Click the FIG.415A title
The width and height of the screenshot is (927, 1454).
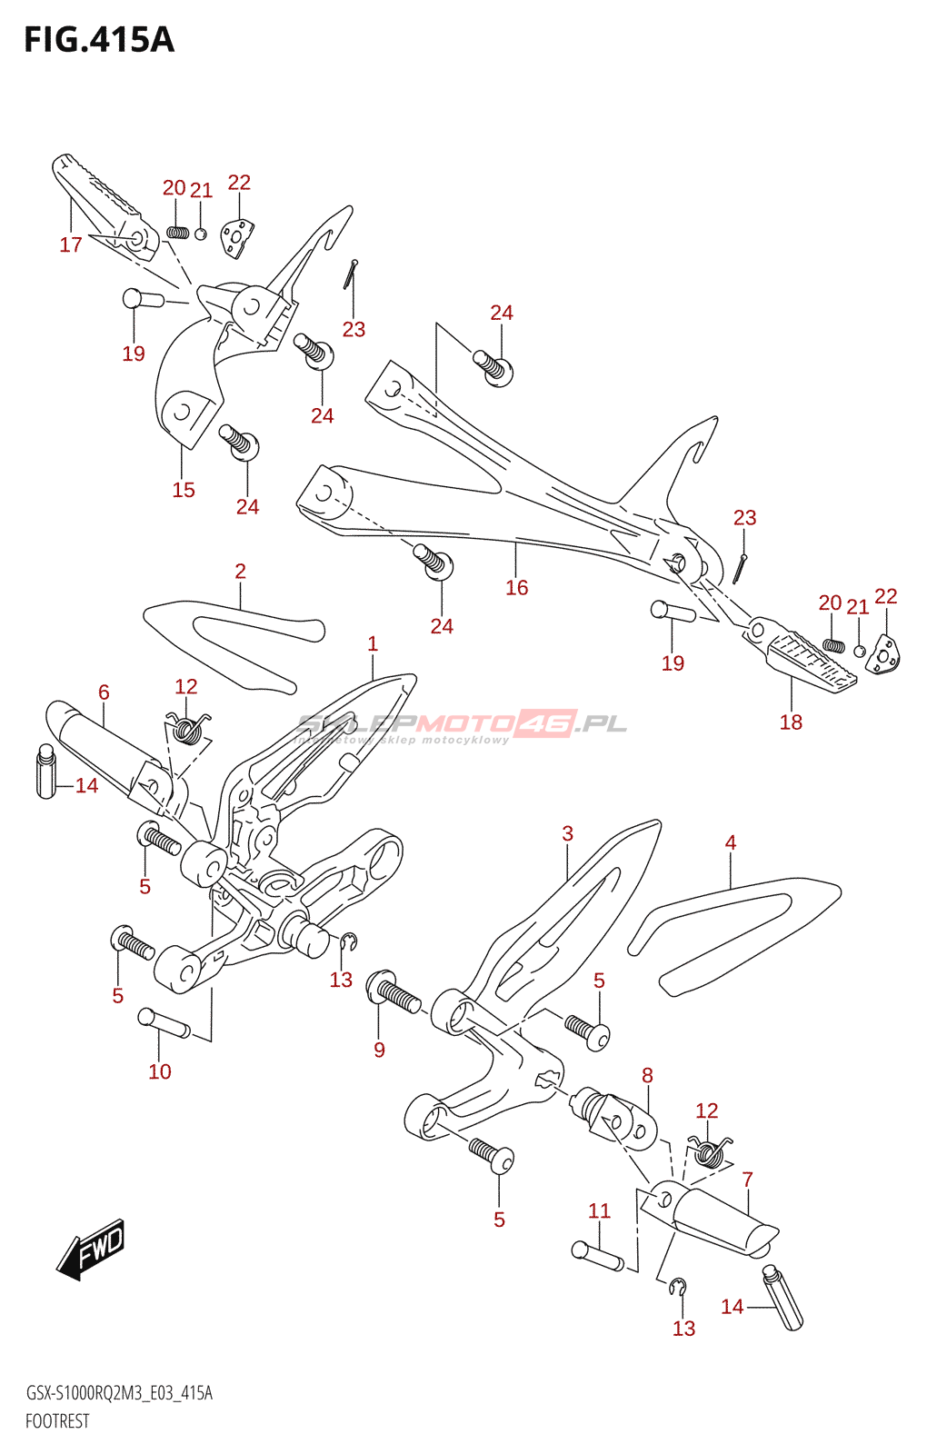(x=99, y=40)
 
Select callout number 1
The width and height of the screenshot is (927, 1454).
(x=373, y=644)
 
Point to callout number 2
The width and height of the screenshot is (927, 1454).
(x=240, y=572)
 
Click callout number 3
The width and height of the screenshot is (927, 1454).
(x=568, y=833)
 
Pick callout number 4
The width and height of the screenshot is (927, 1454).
(x=731, y=842)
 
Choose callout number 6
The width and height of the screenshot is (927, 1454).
(x=104, y=692)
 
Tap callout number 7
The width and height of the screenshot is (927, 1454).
(x=748, y=1179)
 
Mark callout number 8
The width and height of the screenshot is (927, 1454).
(x=647, y=1076)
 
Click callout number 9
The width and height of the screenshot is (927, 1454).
(x=380, y=1050)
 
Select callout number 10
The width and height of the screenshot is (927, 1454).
(x=160, y=1071)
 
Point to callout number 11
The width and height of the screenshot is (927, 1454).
(x=600, y=1210)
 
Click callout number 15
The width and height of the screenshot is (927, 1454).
(x=184, y=490)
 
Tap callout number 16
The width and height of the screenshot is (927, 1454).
(x=517, y=587)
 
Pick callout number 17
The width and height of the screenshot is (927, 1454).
(x=71, y=244)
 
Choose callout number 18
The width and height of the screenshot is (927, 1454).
(x=792, y=722)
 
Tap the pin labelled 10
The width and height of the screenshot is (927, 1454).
(x=164, y=1023)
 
